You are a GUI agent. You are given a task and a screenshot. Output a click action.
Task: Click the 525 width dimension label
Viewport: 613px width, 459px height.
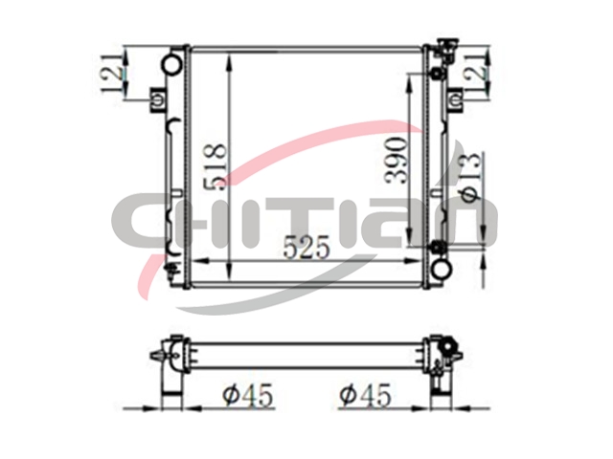tap(306, 248)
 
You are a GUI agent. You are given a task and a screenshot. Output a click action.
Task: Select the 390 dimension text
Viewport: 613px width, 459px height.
tap(396, 160)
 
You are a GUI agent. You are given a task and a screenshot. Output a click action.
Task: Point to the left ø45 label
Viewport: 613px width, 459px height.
tap(248, 395)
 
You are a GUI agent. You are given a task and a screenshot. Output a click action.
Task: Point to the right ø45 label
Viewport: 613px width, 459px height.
tap(365, 395)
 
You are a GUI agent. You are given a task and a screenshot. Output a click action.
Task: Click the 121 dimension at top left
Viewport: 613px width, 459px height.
tap(112, 73)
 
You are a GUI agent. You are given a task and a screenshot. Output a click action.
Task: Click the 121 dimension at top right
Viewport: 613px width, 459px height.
tap(476, 73)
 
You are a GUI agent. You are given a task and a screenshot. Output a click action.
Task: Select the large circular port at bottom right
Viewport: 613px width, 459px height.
tap(442, 268)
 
